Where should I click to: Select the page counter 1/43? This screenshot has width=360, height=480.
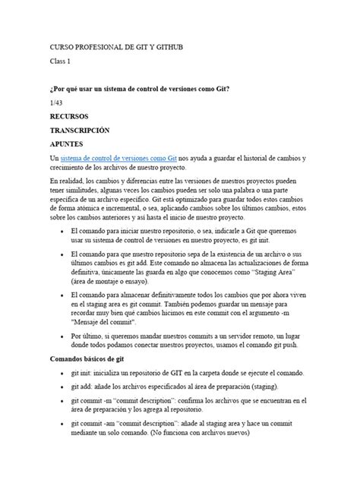pyautogui.click(x=56, y=102)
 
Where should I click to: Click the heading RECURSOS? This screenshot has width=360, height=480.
pyautogui.click(x=69, y=116)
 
